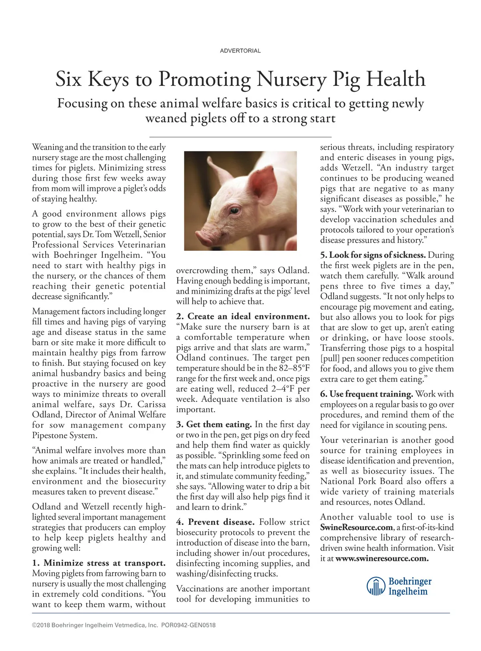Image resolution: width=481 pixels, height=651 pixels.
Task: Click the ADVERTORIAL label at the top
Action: click(240, 51)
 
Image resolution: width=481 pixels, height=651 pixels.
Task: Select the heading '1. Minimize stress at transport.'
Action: click(99, 563)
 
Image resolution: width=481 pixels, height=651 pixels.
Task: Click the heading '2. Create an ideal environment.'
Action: click(243, 316)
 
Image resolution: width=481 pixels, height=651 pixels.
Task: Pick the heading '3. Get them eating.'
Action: click(214, 424)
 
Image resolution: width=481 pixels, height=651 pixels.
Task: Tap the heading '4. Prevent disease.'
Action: click(215, 522)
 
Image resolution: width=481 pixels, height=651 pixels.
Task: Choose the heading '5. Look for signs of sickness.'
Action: click(373, 255)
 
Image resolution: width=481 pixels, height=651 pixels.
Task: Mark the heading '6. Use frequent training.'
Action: click(366, 394)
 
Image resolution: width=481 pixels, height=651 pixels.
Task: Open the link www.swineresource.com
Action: click(382, 558)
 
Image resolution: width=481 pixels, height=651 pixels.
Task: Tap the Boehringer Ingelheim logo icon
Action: click(376, 587)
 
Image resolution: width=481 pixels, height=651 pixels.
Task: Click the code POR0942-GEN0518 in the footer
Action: click(188, 625)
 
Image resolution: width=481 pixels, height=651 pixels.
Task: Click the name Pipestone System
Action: click(65, 435)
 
